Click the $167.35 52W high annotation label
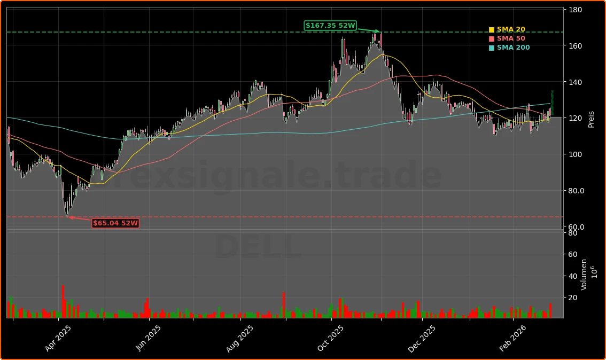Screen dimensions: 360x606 pos(330,26)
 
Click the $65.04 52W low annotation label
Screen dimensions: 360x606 pos(115,223)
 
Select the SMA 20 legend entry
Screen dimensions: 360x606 pos(510,29)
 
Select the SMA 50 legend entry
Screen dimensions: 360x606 pos(510,38)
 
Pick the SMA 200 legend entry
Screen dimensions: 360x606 pos(513,48)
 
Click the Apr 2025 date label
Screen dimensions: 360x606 pos(58,339)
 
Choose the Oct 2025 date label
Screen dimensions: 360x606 pos(331,339)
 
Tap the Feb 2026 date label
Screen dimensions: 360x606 pos(512,339)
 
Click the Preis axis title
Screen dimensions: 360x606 pos(591,119)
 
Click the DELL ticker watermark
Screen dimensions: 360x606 pos(258,248)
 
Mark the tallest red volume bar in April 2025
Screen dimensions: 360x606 pos(63,302)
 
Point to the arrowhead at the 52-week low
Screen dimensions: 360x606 pos(68,217)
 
